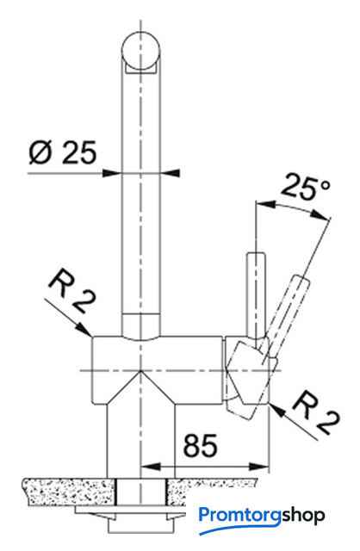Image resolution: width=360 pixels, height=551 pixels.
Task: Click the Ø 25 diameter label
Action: (63, 152)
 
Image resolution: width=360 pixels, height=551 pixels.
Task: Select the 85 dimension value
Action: (201, 445)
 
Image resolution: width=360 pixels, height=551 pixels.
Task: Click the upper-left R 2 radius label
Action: (72, 291)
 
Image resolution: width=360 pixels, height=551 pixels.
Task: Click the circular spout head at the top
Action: (140, 52)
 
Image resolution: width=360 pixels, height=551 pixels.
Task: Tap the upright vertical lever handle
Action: (256, 294)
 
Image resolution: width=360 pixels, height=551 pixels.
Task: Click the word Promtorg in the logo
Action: (239, 517)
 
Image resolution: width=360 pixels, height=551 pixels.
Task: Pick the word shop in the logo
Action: (303, 517)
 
